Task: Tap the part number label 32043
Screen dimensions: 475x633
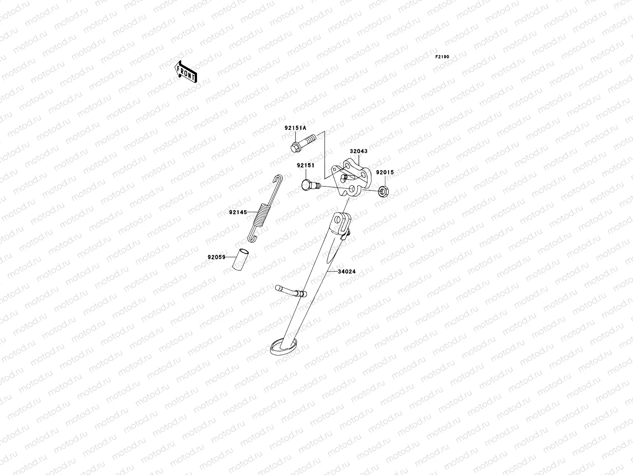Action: [358, 152]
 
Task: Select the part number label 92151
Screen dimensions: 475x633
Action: [305, 165]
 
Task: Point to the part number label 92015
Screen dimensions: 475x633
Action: [385, 173]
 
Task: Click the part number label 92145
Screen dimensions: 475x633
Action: [238, 213]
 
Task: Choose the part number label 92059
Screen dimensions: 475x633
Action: [216, 257]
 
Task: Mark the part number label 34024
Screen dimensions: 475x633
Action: [347, 272]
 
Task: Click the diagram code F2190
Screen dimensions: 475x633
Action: [442, 57]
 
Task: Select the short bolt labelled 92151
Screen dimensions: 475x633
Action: [309, 185]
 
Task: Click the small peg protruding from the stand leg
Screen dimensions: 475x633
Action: [292, 291]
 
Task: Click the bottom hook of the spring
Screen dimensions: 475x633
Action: [252, 238]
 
